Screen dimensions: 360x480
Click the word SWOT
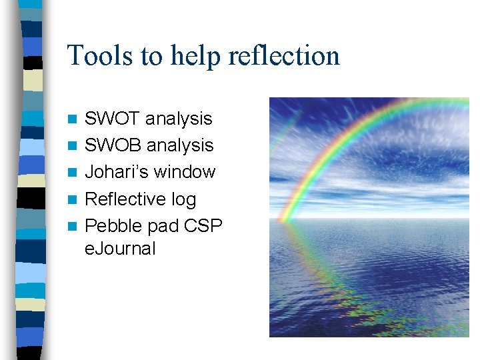pos(113,119)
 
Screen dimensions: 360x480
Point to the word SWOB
pos(113,145)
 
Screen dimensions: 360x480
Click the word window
pos(184,172)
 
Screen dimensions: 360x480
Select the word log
pos(185,199)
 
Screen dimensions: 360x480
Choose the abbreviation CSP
pos(203,226)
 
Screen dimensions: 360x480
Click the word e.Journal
pos(120,249)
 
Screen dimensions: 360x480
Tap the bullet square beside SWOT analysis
pos(73,119)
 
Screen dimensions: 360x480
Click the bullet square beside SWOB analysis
pos(73,146)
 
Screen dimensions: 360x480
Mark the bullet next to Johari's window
pos(73,173)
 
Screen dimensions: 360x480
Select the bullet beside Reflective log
pos(73,199)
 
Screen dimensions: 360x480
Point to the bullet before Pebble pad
pos(73,226)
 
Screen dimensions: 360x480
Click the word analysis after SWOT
pos(179,119)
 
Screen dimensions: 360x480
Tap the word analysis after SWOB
pos(180,145)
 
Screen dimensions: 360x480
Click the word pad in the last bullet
pos(163,226)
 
